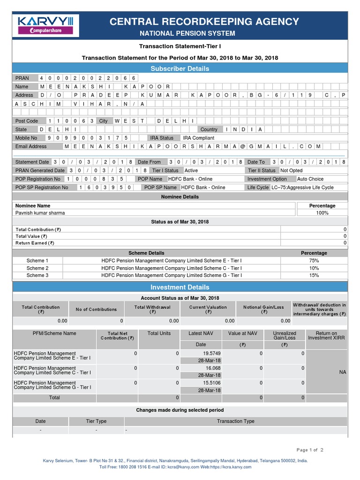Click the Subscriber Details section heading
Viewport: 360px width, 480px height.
point(180,68)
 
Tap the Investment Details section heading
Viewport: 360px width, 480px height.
point(180,287)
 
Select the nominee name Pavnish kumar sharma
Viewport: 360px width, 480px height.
point(40,213)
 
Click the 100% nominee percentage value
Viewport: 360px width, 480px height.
point(322,213)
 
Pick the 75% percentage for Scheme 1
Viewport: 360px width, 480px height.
point(314,261)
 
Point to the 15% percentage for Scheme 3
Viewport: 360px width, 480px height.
point(314,276)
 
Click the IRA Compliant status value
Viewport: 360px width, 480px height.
point(198,138)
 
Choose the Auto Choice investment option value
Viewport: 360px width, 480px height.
point(310,179)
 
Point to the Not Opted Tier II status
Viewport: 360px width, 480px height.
point(291,171)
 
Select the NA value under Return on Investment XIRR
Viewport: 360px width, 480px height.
point(342,372)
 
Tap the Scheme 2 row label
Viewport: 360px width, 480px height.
point(37,268)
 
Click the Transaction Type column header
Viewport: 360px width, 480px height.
point(235,421)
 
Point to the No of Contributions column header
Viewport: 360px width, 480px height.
point(96,309)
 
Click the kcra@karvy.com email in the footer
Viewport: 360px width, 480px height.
point(183,467)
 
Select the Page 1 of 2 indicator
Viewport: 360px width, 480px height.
point(310,450)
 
